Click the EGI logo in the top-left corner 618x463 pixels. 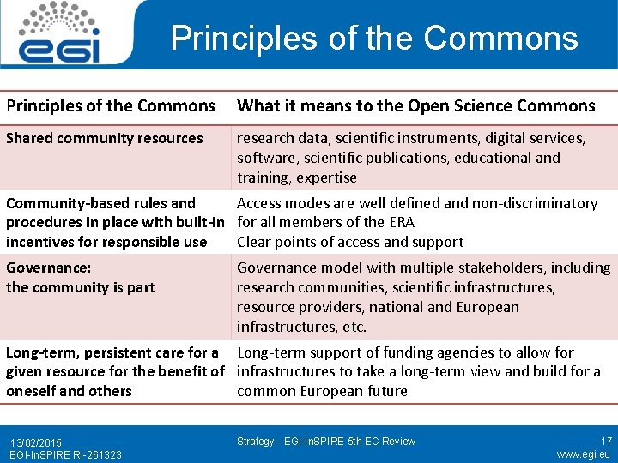click(60, 34)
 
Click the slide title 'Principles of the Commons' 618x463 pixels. click(374, 39)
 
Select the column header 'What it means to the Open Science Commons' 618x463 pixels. click(415, 106)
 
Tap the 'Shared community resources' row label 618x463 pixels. click(105, 138)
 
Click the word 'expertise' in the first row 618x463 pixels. click(326, 177)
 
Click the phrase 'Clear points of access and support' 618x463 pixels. click(349, 242)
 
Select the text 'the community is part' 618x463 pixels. click(81, 287)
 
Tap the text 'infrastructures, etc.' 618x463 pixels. click(301, 327)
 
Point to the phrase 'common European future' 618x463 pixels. click(322, 391)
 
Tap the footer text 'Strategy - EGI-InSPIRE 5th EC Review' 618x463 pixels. click(325, 442)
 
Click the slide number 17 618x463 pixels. click(606, 441)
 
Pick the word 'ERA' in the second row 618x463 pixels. click(401, 222)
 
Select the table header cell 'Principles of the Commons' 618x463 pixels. click(111, 106)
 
